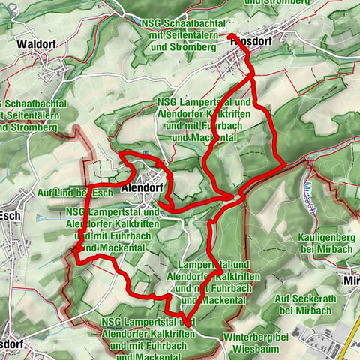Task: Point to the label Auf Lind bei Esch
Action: pyautogui.click(x=74, y=193)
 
